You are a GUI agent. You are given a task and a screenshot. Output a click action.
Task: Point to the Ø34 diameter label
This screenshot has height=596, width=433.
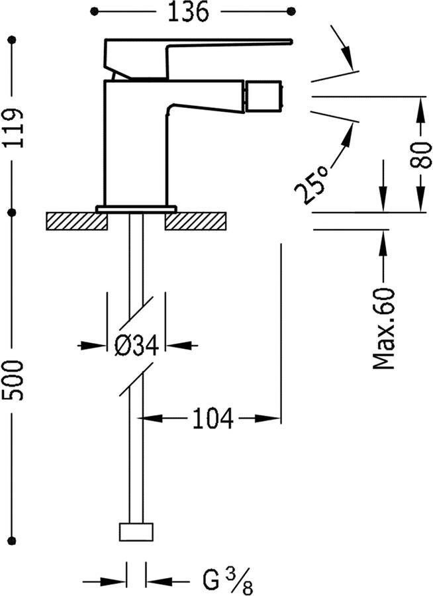[x=136, y=345]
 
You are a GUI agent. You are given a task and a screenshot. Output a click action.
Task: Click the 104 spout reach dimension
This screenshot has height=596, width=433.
[x=213, y=419]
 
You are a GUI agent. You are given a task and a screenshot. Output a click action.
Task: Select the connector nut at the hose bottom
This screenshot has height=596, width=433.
[x=136, y=532]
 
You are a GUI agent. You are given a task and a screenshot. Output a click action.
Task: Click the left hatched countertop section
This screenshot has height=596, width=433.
[x=77, y=221]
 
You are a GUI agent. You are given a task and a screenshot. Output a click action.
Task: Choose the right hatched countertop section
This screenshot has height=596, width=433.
[x=197, y=221]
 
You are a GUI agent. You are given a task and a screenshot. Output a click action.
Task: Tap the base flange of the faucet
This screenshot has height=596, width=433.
[x=136, y=209]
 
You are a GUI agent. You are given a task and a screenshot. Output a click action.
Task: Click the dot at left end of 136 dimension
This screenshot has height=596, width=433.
[x=94, y=11]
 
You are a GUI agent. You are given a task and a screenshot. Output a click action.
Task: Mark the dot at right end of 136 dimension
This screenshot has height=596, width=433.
[x=293, y=11]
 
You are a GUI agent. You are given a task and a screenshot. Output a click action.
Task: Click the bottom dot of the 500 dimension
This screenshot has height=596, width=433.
[x=12, y=541]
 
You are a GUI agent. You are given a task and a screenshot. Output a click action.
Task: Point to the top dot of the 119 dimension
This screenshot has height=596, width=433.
[x=12, y=41]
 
